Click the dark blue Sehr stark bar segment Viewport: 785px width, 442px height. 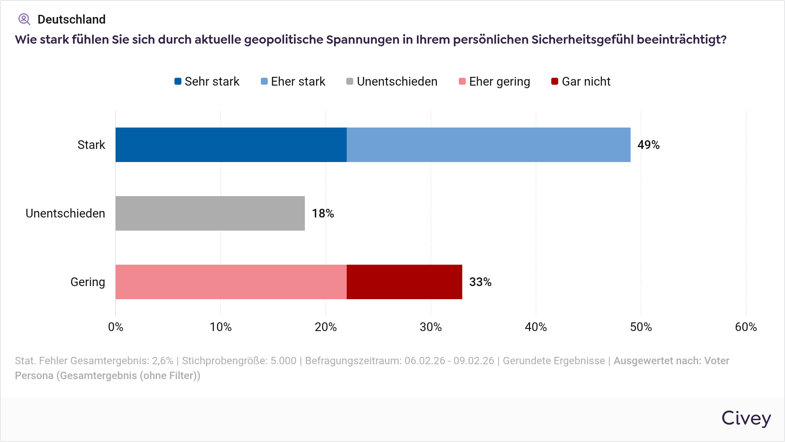point(231,145)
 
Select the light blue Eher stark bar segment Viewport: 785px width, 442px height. point(488,145)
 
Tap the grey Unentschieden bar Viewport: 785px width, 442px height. point(210,213)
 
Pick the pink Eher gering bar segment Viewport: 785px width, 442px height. point(231,282)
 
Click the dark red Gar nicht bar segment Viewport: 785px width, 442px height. point(404,282)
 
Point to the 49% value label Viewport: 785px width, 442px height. point(648,145)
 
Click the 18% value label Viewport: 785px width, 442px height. point(323,214)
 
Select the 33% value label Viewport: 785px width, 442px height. point(480,282)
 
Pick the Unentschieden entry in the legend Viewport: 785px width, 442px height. point(392,82)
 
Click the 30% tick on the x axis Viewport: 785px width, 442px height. point(430,327)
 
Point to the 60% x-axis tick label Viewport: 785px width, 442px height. point(746,327)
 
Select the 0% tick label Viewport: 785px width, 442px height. point(116,327)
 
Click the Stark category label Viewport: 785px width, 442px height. point(91,145)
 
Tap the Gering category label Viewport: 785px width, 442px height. point(88,282)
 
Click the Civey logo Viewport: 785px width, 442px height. point(746,418)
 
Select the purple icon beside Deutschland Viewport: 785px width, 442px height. point(24,19)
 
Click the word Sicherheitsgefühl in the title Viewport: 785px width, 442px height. point(582,40)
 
